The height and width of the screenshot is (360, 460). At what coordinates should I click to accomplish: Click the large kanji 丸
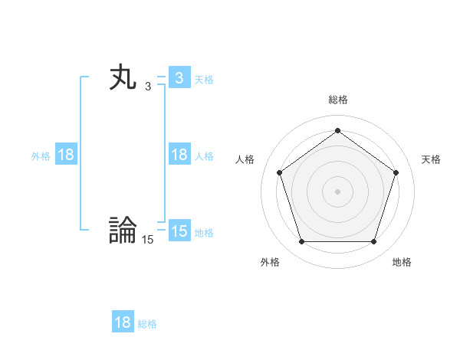(x=123, y=78)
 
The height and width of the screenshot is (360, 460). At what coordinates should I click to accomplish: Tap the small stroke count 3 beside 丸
(x=148, y=87)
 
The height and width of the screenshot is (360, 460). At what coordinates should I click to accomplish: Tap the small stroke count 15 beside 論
(x=147, y=240)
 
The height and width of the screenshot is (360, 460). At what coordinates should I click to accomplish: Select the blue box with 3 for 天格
(x=179, y=78)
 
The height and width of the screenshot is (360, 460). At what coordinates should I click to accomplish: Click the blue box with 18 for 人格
(x=179, y=155)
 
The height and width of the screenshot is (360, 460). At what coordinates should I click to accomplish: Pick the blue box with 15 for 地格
(x=179, y=231)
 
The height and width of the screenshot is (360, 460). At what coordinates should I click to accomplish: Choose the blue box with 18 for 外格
(x=66, y=155)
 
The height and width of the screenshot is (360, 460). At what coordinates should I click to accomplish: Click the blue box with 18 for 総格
(x=123, y=322)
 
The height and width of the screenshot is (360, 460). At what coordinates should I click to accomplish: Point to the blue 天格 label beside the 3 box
(x=204, y=79)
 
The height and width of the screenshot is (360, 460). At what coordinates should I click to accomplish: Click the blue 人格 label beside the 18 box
(x=204, y=155)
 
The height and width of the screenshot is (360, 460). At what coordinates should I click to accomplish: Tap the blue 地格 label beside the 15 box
(x=204, y=232)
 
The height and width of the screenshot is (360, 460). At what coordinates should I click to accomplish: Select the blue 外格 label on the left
(x=41, y=155)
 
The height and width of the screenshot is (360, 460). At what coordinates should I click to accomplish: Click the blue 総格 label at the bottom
(x=147, y=323)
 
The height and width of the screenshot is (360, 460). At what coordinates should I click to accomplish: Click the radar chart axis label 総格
(x=337, y=100)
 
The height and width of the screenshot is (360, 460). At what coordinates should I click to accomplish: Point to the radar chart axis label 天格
(x=431, y=159)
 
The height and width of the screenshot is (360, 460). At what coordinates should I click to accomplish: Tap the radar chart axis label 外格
(x=270, y=262)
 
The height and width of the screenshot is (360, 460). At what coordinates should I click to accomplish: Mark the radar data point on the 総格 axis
(x=337, y=131)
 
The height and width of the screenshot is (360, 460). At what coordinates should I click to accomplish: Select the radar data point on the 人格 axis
(x=279, y=172)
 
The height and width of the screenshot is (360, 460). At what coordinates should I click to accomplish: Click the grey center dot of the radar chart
(x=337, y=191)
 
